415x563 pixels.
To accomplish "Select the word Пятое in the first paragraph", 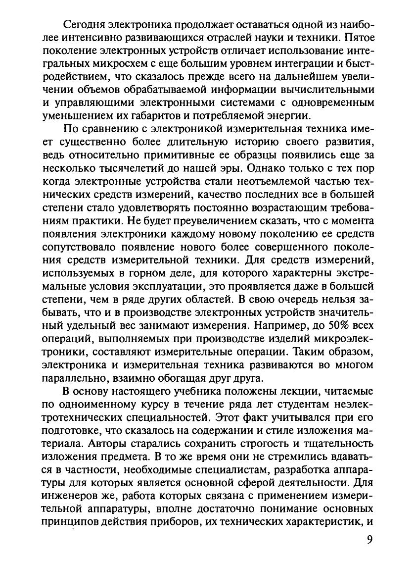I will (359, 38).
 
